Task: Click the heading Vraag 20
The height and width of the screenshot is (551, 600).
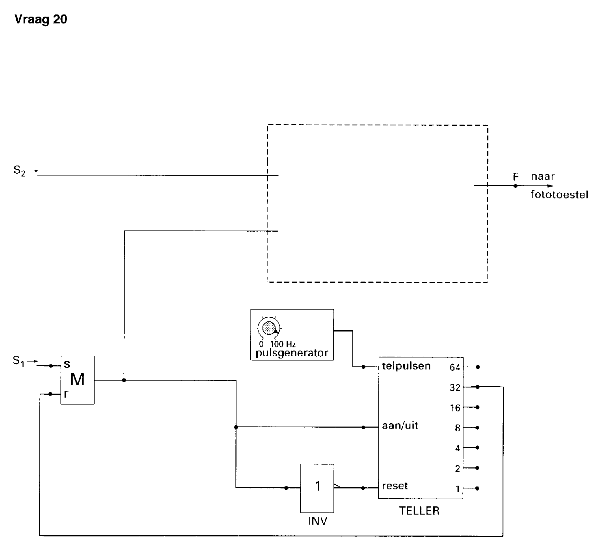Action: pos(41,19)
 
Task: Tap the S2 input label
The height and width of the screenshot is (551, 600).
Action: pos(19,171)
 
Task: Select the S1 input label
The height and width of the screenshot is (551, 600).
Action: pos(19,361)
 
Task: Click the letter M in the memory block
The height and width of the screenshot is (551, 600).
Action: pos(77,380)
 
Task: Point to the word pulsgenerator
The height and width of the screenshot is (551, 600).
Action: pos(291,353)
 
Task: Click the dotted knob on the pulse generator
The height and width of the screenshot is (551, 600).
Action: pos(269,328)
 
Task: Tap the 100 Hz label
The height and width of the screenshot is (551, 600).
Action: pos(283,344)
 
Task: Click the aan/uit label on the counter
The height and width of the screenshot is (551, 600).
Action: pos(400,426)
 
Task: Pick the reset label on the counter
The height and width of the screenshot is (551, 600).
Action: pos(395,486)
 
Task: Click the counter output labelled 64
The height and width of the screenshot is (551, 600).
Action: pos(455,367)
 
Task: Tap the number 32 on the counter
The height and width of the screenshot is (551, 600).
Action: pos(455,387)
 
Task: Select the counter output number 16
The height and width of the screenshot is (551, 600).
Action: pos(455,408)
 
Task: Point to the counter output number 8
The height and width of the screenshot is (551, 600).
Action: pos(458,428)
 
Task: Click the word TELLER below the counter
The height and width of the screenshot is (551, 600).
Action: pos(419,511)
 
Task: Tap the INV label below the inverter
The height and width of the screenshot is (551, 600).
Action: pos(317,521)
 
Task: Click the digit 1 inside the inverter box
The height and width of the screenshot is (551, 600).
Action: pos(317,486)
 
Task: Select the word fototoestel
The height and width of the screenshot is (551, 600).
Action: pos(559,195)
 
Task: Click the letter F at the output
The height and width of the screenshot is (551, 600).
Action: pos(516,176)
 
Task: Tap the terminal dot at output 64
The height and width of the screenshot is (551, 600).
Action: pos(478,367)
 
